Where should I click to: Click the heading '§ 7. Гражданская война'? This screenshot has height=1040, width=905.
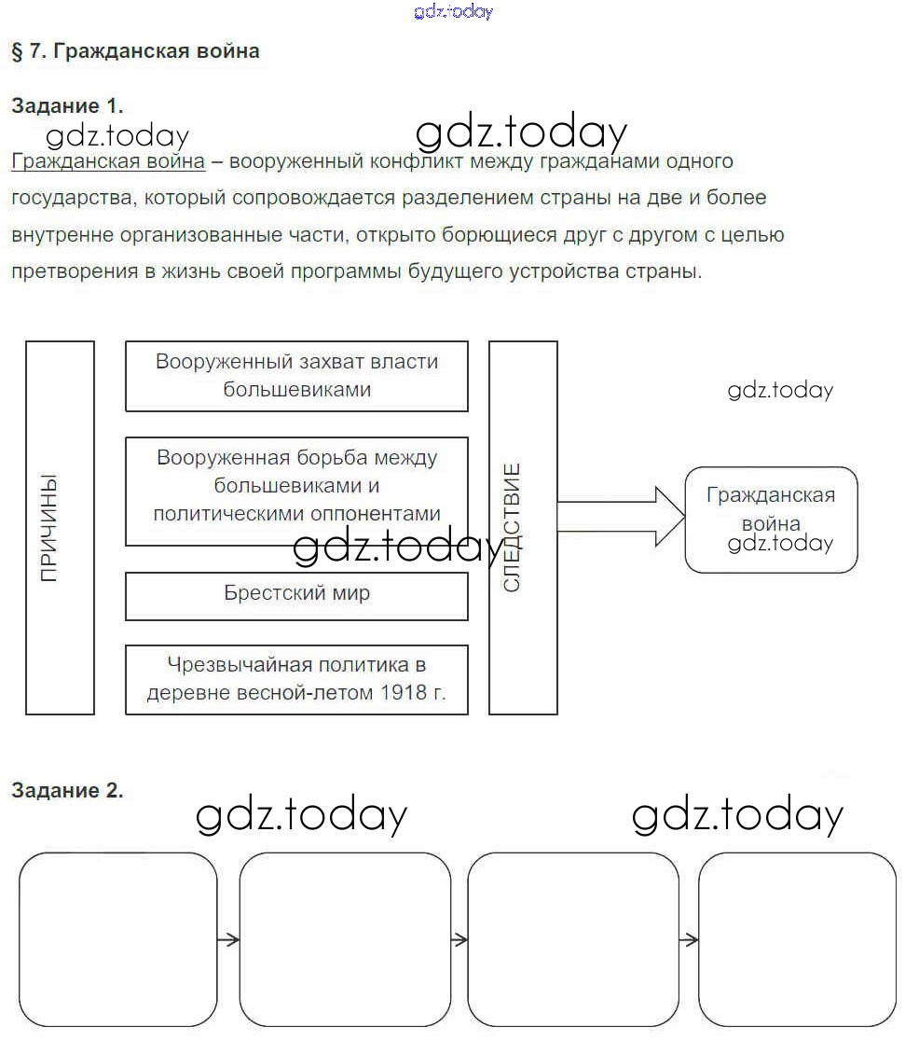click(136, 51)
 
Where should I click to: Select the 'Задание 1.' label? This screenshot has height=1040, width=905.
click(67, 105)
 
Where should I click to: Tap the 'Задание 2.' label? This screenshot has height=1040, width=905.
click(67, 791)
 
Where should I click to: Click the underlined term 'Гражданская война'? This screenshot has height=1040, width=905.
click(108, 161)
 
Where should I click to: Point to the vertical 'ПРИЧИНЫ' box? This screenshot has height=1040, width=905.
click(60, 528)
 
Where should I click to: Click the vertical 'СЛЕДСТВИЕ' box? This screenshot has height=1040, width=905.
click(523, 528)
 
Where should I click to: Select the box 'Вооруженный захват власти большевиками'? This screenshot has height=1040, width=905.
click(296, 376)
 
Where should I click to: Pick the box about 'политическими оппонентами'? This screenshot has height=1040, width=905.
click(296, 491)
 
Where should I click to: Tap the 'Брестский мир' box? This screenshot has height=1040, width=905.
click(296, 595)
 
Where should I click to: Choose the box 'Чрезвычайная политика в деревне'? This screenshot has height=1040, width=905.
click(296, 679)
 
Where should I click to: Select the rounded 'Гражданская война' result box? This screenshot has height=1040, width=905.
click(771, 520)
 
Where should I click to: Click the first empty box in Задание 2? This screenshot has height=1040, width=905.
click(118, 939)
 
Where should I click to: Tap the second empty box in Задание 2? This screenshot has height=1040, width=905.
click(345, 939)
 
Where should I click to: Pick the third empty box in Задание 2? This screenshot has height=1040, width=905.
click(573, 939)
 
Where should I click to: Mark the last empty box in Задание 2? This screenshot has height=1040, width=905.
click(797, 939)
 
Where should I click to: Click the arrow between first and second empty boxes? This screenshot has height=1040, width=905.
click(228, 939)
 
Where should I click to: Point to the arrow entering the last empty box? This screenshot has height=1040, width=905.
click(689, 939)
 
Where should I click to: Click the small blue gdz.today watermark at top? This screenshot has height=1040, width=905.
click(452, 11)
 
